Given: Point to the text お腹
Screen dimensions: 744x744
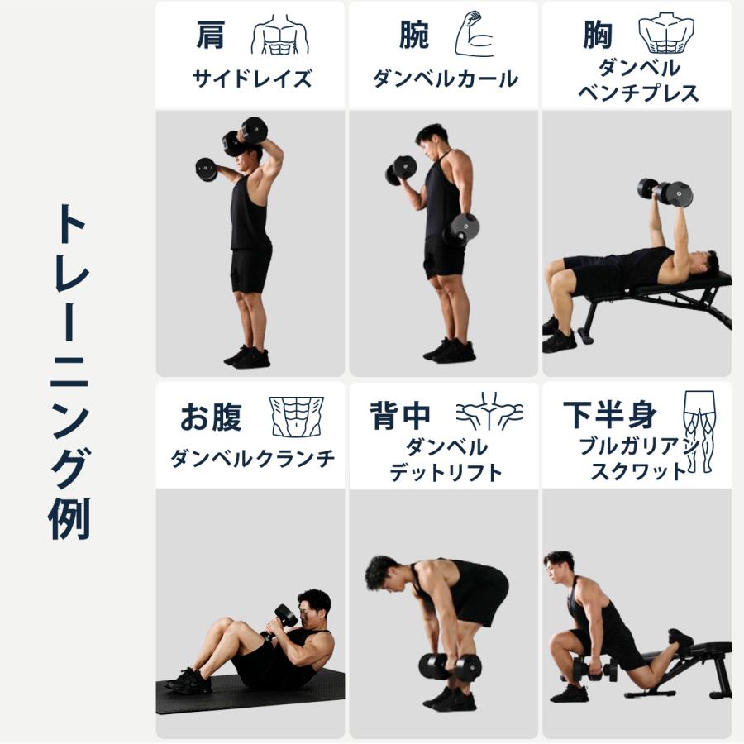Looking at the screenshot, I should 211,417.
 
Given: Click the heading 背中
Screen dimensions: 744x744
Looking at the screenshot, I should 400,416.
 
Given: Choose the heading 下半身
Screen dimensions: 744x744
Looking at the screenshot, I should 610,415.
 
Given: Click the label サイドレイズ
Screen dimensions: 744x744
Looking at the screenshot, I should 252,79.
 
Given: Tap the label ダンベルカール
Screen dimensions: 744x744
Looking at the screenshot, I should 445,79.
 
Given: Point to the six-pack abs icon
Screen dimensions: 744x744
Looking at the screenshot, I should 297,416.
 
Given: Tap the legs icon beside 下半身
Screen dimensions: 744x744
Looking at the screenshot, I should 698,430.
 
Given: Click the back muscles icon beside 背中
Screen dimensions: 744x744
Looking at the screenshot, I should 489,411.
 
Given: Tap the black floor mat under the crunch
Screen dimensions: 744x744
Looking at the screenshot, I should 248,693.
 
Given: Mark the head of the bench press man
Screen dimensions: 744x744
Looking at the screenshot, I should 703,264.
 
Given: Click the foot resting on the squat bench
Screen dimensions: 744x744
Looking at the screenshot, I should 680,639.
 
